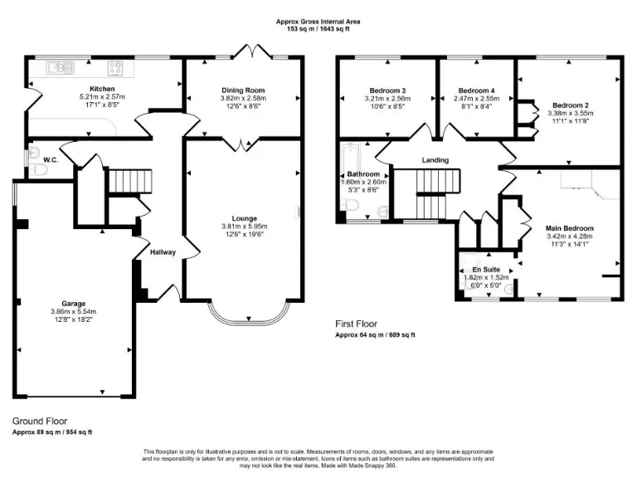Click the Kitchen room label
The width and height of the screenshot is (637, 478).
point(102,89)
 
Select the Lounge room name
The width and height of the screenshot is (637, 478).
point(244,219)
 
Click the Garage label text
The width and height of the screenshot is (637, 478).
point(73,304)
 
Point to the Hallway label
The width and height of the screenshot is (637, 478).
point(163,252)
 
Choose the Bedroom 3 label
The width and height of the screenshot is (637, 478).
point(387,90)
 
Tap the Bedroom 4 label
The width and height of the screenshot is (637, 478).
point(476,90)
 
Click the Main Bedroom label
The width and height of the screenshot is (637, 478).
point(569,227)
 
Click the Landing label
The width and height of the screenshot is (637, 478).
point(435,160)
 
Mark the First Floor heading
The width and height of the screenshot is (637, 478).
point(357,324)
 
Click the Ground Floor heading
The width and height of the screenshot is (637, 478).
point(40,421)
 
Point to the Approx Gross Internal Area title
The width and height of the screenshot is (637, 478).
point(318,22)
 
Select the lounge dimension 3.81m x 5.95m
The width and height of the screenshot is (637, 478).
point(244,227)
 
